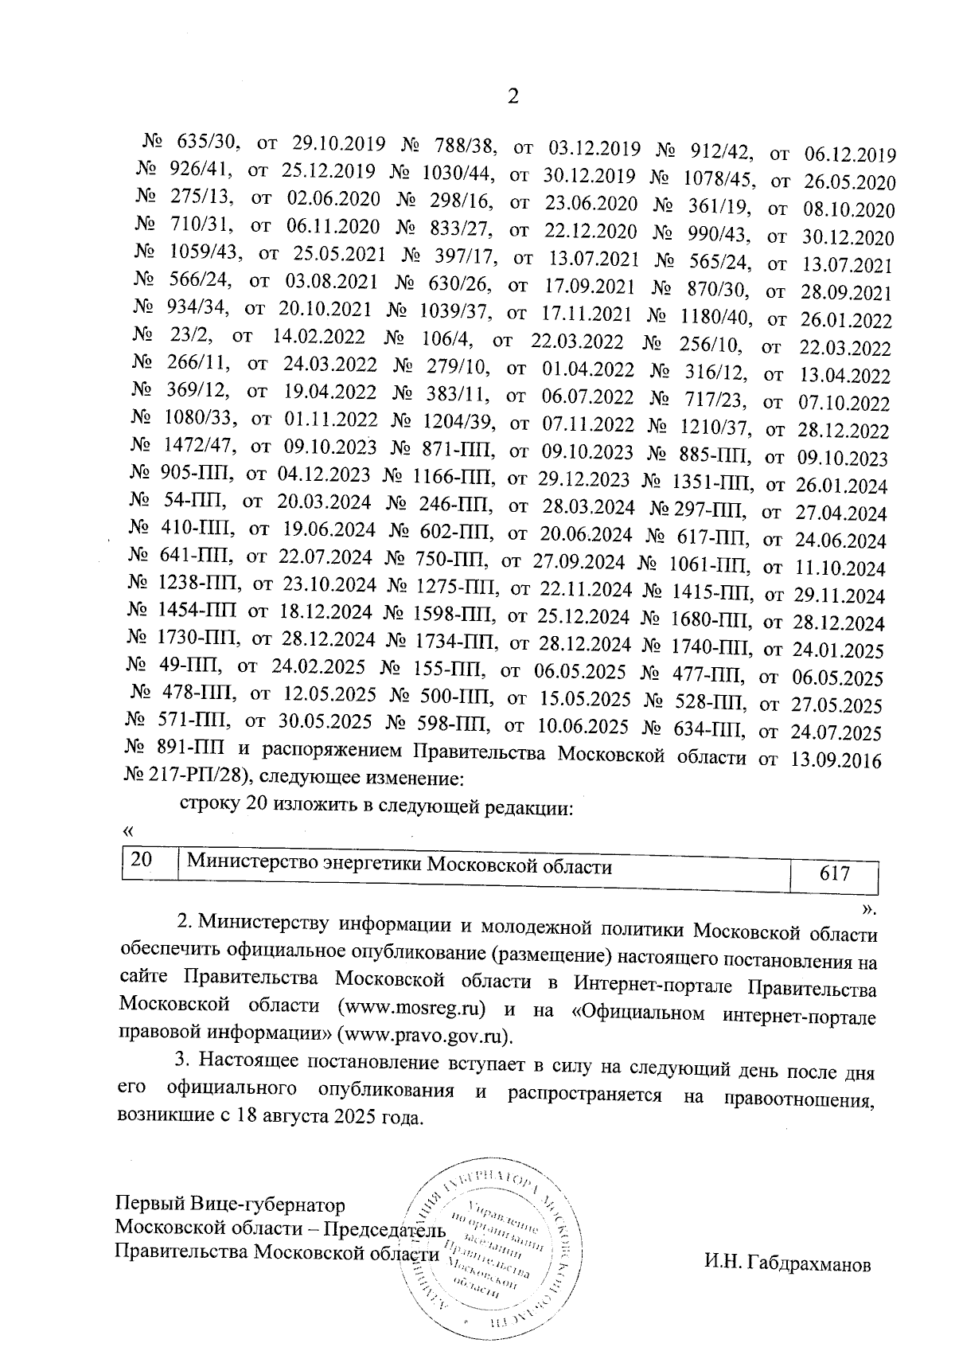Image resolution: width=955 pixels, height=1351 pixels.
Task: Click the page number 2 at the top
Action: point(513,96)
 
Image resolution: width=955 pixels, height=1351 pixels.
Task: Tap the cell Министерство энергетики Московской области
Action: point(399,866)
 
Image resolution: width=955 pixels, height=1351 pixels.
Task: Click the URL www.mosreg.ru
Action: point(412,1007)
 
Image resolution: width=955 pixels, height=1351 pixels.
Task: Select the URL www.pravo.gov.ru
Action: point(424,1035)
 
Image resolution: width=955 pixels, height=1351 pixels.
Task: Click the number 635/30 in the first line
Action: point(205,143)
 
